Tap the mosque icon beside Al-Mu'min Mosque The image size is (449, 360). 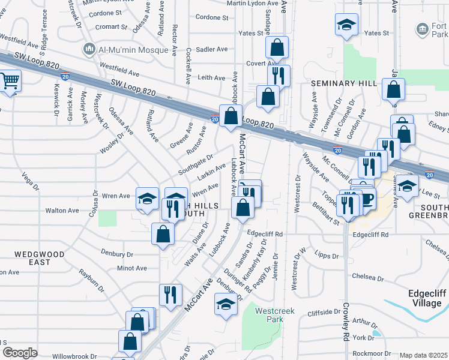(90, 48)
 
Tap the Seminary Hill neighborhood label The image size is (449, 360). (343, 83)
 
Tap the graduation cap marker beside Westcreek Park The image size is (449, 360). (226, 305)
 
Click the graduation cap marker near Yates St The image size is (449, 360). (346, 25)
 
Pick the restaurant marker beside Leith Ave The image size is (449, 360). (279, 76)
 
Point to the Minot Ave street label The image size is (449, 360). (132, 268)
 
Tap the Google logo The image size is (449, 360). (20, 352)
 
